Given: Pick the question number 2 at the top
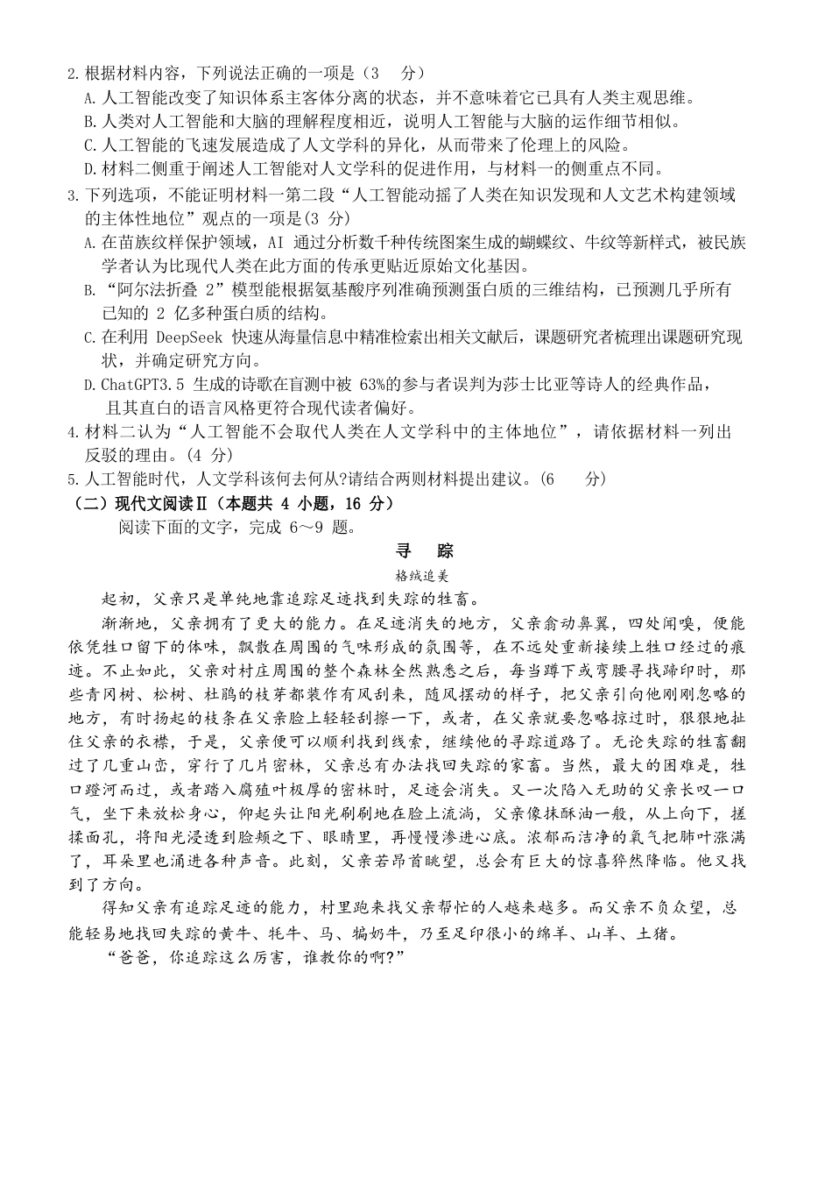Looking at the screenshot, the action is click(72, 74).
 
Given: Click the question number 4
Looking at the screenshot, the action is click(72, 432).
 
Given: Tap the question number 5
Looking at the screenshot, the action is click(72, 479).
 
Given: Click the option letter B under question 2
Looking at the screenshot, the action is click(88, 122).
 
